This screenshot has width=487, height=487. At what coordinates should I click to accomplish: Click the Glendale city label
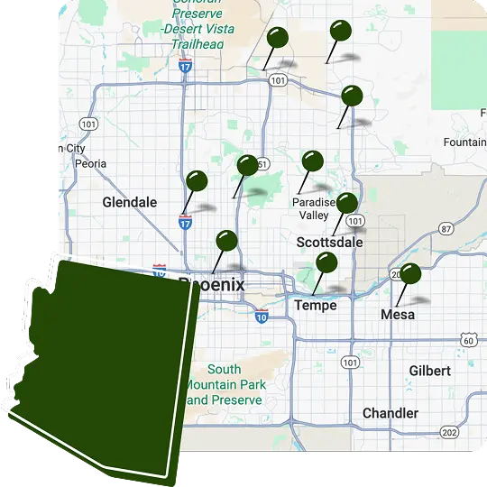click(x=130, y=202)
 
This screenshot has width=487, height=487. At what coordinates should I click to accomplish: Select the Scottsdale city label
click(x=329, y=243)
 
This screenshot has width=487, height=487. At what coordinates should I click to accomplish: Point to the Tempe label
click(x=316, y=305)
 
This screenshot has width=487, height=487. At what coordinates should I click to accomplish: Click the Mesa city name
click(x=398, y=315)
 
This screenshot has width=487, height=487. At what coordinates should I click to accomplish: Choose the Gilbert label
click(x=429, y=371)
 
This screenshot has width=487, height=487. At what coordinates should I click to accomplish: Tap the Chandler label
click(x=391, y=413)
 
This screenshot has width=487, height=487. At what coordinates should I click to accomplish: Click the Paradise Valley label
click(x=314, y=209)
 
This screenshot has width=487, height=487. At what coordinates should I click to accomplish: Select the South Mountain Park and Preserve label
click(x=224, y=384)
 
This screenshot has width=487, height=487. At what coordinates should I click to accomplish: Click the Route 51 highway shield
click(x=262, y=164)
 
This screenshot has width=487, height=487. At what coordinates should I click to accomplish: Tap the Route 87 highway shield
click(x=446, y=229)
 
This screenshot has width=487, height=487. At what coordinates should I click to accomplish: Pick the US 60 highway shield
click(x=467, y=338)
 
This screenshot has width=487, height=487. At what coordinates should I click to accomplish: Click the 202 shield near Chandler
click(x=450, y=433)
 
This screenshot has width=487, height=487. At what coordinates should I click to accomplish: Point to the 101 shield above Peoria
click(x=87, y=124)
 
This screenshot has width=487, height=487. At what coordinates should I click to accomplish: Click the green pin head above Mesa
click(x=410, y=272)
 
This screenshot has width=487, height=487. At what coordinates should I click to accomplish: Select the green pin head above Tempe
click(x=326, y=262)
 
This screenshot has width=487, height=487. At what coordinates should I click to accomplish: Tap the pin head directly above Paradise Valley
click(x=312, y=161)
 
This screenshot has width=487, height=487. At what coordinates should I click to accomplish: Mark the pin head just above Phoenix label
click(x=226, y=241)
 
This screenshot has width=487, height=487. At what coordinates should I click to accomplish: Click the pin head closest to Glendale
click(x=197, y=181)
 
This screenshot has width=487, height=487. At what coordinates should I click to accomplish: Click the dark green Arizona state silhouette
click(x=104, y=361)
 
